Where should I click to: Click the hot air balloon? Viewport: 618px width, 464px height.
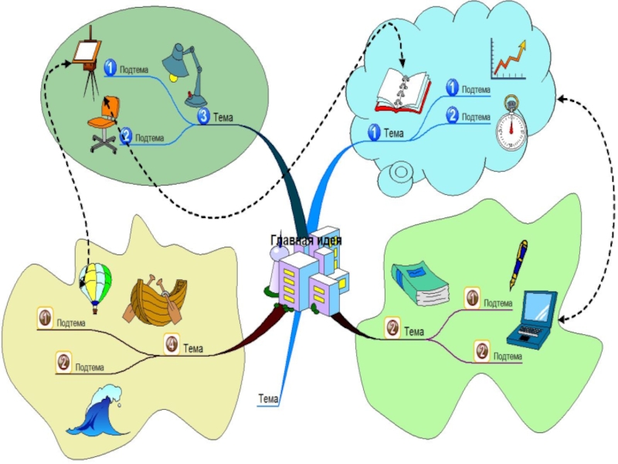click(95, 284)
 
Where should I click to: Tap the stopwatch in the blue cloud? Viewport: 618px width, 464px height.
click(511, 121)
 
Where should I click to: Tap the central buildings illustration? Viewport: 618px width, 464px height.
click(307, 279)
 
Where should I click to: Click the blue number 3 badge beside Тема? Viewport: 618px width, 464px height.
click(202, 118)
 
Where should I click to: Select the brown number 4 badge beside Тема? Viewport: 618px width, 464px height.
click(171, 343)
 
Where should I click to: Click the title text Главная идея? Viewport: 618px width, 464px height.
click(306, 241)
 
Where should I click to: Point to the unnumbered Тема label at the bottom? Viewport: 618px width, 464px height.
click(268, 399)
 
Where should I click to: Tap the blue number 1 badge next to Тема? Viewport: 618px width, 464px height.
click(373, 133)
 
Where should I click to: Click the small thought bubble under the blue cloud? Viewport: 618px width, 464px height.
click(402, 173)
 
